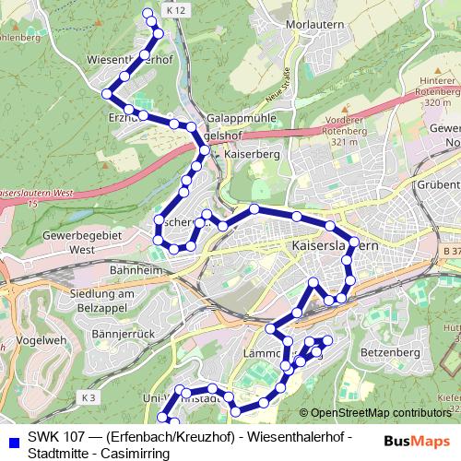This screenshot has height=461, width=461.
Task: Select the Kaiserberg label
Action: click(x=251, y=155)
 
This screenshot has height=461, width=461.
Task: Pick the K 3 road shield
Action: click(x=89, y=397)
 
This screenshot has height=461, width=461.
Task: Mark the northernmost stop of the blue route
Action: click(x=149, y=13)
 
